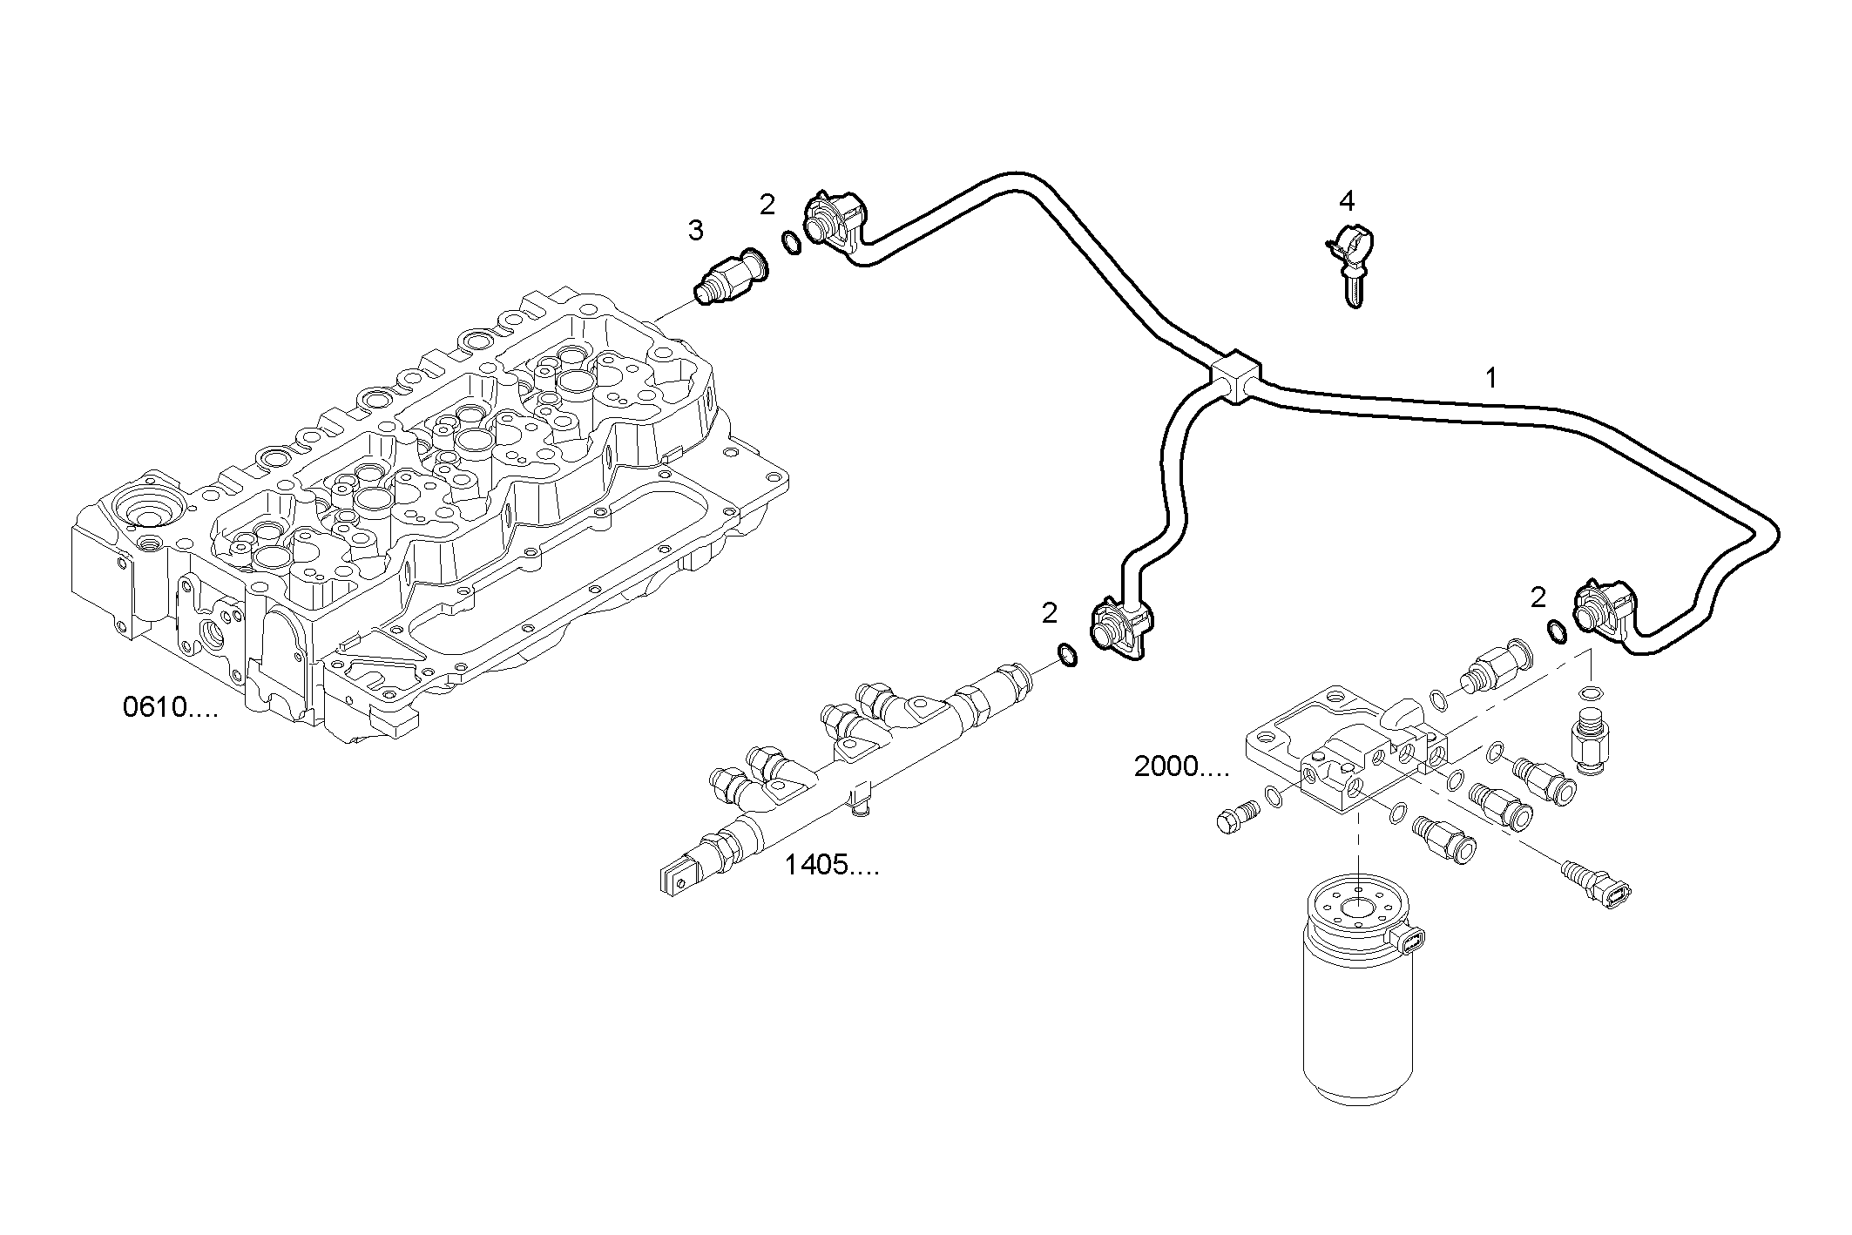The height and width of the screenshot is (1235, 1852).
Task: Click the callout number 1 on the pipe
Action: [x=1490, y=379]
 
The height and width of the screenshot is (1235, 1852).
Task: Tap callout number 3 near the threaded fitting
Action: [x=695, y=231]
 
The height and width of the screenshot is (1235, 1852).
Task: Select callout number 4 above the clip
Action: [x=1347, y=202]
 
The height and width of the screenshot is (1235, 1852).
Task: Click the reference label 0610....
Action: [x=170, y=708]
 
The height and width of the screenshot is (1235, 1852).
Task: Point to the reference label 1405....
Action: [x=831, y=866]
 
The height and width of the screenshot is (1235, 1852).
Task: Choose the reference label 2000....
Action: [x=1181, y=767]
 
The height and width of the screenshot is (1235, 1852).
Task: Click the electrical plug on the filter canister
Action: [x=1672, y=941]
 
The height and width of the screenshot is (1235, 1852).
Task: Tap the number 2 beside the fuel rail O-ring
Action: [x=1049, y=614]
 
